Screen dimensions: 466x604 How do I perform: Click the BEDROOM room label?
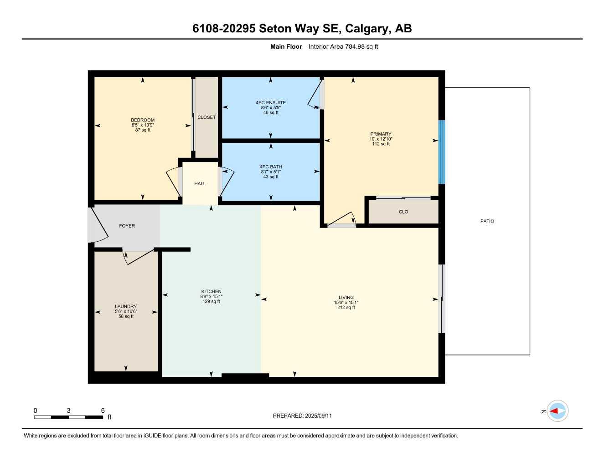coord(143,120)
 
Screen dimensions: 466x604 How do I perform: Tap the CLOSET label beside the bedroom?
coord(206,117)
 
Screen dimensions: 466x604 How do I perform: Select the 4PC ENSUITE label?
coord(271,103)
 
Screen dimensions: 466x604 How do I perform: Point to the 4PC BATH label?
coord(271,167)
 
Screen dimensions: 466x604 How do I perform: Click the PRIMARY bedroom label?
coord(381,134)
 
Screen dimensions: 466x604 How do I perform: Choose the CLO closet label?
coord(403,212)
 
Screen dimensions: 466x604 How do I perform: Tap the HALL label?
coord(200,184)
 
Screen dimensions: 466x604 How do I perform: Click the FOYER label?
coord(127,226)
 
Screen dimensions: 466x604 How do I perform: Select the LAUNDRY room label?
coord(126,307)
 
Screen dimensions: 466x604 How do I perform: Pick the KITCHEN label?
coord(211,292)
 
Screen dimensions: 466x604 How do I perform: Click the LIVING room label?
coord(346,298)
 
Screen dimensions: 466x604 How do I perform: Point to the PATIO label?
coord(487,221)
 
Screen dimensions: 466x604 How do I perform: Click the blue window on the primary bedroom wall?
coord(441,152)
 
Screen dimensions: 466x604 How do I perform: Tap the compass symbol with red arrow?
coord(558,411)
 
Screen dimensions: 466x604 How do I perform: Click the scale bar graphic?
coord(68,417)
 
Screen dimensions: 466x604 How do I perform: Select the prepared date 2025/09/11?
coord(318,416)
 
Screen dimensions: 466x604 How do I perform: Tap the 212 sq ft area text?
coord(346,308)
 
